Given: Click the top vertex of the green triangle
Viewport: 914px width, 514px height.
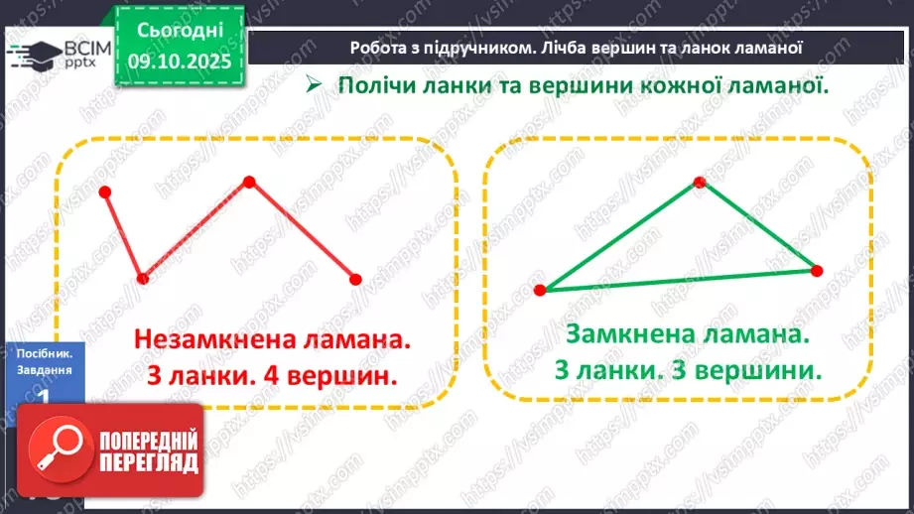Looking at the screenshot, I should tap(700, 182).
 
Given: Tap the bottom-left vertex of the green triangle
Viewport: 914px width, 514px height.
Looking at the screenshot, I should tap(540, 291).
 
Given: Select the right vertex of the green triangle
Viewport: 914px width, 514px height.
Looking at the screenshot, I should tap(817, 270).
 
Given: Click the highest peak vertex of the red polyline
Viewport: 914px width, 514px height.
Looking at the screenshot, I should tap(250, 181).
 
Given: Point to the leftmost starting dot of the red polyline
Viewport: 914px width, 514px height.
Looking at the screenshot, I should tap(105, 192).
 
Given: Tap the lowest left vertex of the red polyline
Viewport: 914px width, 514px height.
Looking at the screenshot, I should tap(143, 279).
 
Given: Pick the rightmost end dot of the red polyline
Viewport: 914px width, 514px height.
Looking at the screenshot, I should tap(356, 280).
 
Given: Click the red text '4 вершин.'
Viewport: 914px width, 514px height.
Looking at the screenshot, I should tap(335, 376).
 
